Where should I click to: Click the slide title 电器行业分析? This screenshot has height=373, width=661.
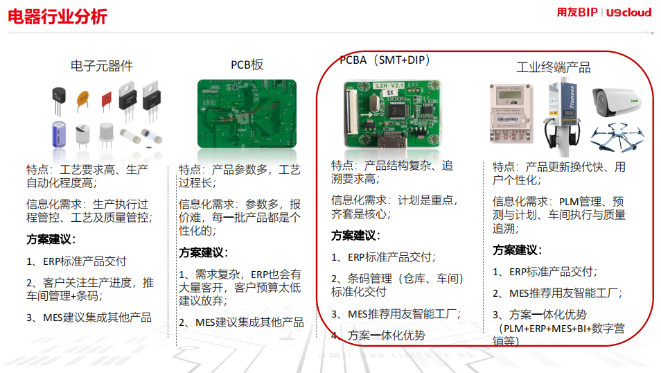point(58,17)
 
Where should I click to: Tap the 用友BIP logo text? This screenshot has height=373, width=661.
point(577,12)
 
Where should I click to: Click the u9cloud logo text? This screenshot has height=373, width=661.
point(628,12)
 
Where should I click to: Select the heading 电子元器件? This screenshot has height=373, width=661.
point(102,66)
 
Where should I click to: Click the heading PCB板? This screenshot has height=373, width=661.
point(247,64)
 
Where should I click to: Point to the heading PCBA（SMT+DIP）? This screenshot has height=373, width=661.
point(385,60)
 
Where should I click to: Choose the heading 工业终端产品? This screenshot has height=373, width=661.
point(554,67)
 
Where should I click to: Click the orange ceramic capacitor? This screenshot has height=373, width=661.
point(82,101)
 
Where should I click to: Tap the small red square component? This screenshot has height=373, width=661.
point(106,101)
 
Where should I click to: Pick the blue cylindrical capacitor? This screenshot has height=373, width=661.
point(59,134)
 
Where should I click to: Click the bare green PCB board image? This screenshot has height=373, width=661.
point(247,114)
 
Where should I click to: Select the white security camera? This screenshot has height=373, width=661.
point(616,103)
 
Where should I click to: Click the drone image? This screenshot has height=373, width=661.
point(617,137)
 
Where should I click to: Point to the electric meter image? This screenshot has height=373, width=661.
point(511,114)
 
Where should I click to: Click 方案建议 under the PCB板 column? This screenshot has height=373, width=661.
point(203,253)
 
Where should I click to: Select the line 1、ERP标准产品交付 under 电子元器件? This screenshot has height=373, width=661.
point(76,261)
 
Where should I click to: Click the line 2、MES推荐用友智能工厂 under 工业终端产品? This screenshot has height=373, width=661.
point(557,293)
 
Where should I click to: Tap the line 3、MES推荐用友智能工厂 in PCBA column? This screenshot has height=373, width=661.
point(396,314)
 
